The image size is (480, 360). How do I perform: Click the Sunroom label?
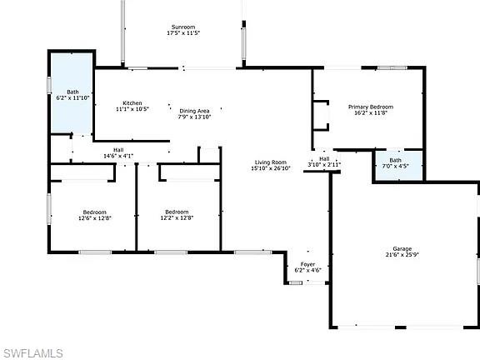183,27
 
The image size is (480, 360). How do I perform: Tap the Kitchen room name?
132,102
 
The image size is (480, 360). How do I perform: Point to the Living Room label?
270,162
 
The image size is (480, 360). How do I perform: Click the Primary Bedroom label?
370,107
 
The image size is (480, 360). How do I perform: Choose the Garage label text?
402,249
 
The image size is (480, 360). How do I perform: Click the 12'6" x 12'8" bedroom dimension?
94,218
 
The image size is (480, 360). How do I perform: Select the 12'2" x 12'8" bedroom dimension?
177,218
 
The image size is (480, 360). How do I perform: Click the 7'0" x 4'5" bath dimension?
395,166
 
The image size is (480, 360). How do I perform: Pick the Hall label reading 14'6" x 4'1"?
118,156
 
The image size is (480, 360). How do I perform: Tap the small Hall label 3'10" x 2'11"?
324,165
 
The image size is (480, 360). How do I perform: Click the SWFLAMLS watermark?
32,353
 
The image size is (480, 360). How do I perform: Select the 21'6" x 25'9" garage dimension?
402,256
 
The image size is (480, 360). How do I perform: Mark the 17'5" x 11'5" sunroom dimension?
183,33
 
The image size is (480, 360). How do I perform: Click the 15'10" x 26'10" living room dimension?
270,168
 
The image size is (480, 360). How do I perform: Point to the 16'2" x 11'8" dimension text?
370,113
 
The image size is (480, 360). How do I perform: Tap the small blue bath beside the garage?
397,165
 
